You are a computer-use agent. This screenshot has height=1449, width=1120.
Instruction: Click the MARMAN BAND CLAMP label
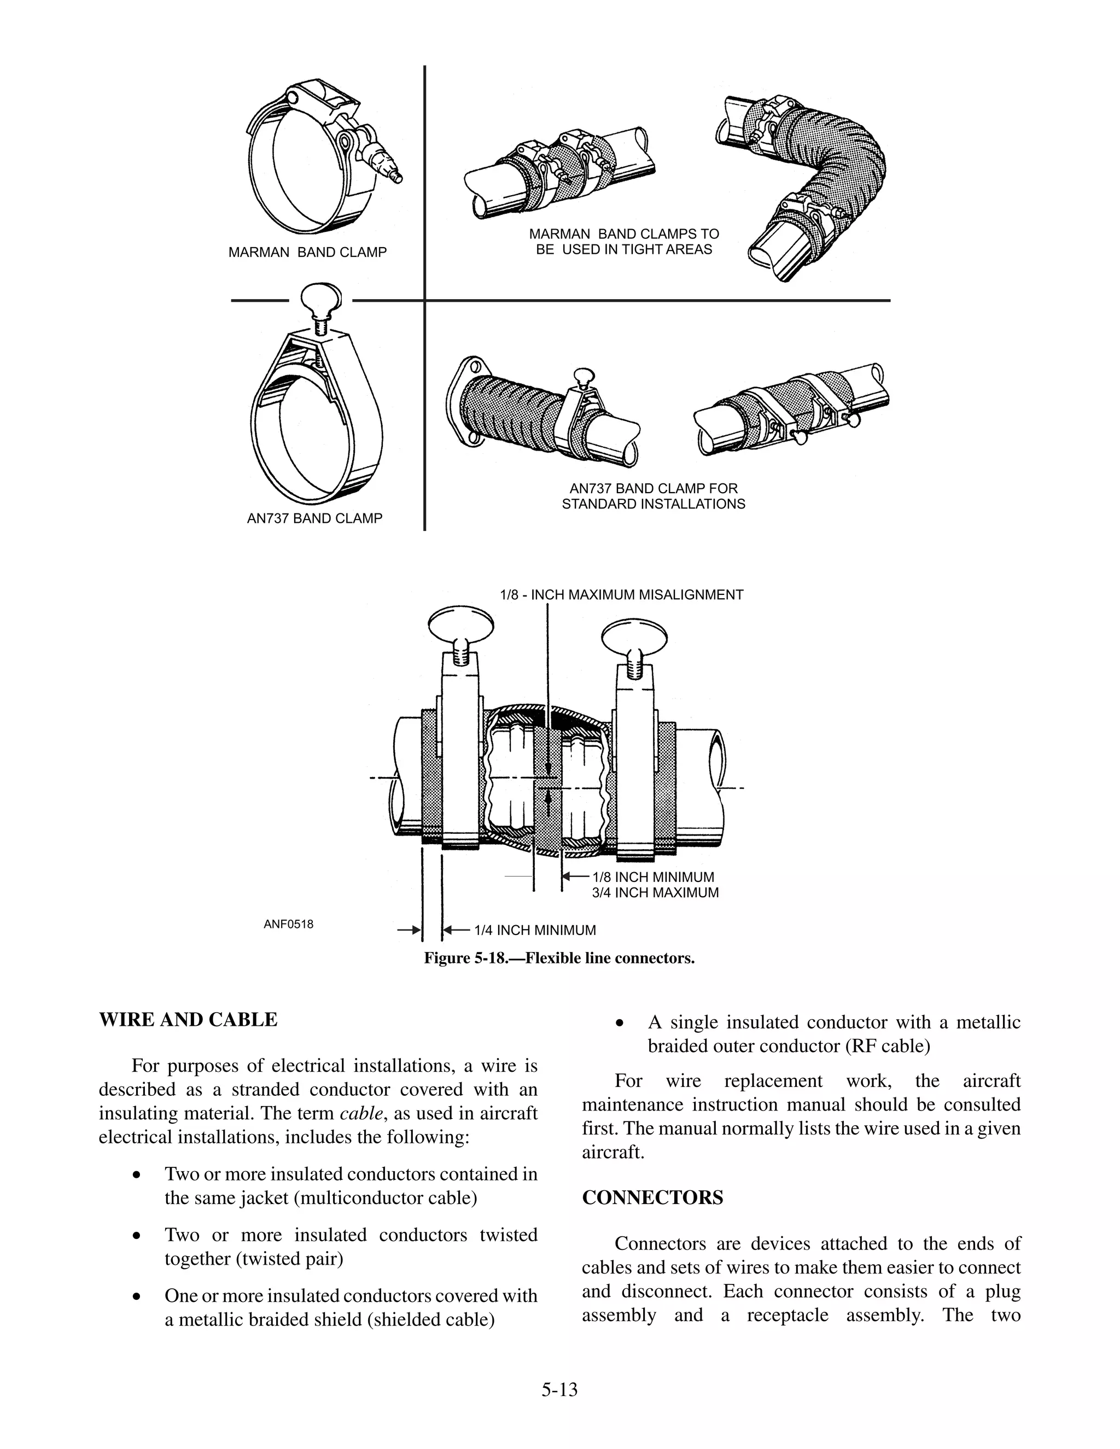(x=307, y=253)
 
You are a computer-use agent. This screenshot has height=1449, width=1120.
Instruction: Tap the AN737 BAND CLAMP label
(x=314, y=518)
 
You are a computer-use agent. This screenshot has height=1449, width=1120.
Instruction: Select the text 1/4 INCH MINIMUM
(x=535, y=930)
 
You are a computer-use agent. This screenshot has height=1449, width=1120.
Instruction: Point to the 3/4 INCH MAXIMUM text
(x=655, y=892)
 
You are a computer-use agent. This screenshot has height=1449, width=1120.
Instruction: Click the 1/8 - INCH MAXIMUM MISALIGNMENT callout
(x=621, y=594)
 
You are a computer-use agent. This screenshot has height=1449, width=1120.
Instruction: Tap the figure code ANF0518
(x=288, y=924)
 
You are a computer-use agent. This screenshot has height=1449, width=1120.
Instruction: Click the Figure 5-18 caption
(x=559, y=958)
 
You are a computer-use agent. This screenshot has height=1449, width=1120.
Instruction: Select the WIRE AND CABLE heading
(x=188, y=1020)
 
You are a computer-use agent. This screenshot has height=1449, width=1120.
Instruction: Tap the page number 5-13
(x=559, y=1389)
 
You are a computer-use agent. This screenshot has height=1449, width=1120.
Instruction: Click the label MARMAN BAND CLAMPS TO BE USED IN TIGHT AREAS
(x=623, y=242)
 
